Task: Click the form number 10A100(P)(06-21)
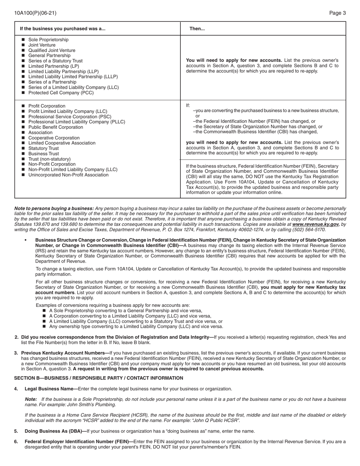pyautogui.click(x=35, y=13)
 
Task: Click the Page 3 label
pyautogui.click(x=337, y=13)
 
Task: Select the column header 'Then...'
pyautogui.click(x=197, y=28)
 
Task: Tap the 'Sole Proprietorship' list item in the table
pyautogui.click(x=49, y=40)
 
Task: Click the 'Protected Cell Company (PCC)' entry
pyautogui.click(x=61, y=93)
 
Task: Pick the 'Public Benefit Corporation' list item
pyautogui.click(x=56, y=127)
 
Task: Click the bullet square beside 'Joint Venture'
pyautogui.click(x=23, y=45)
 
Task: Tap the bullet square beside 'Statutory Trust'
pyautogui.click(x=23, y=149)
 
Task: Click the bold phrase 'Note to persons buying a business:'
pyautogui.click(x=54, y=208)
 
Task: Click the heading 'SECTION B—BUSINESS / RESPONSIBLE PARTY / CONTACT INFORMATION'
pyautogui.click(x=99, y=378)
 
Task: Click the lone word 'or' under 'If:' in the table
pyautogui.click(x=197, y=116)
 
